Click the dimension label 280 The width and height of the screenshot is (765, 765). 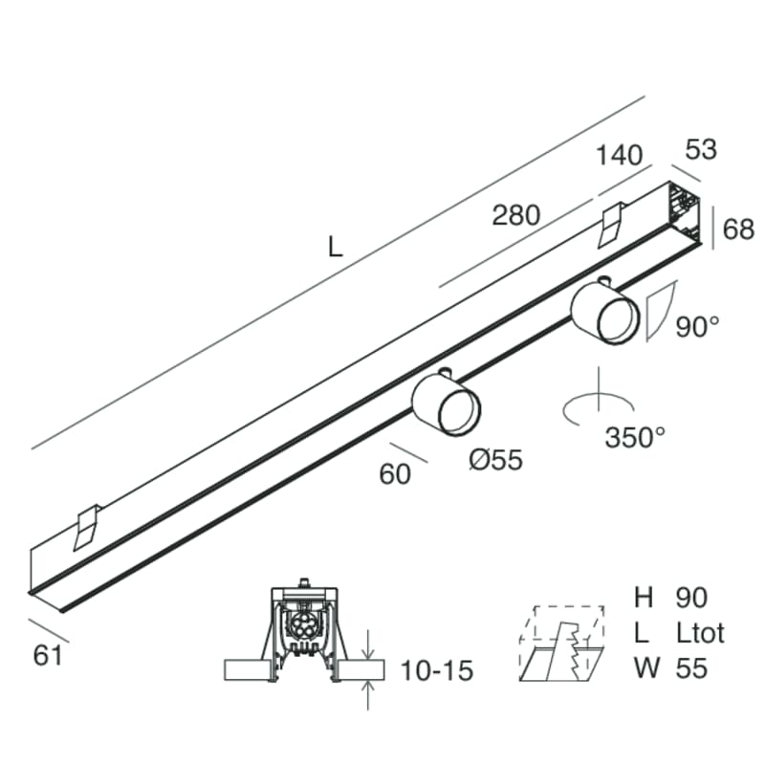coord(516,215)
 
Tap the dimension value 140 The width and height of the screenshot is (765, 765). coord(620,156)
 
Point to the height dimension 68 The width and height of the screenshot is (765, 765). coord(738,229)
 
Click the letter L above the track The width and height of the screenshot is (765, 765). coord(335,248)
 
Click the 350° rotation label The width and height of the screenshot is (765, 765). coord(635,437)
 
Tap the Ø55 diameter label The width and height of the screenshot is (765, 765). coord(496,460)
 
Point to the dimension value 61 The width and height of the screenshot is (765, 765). coord(48,656)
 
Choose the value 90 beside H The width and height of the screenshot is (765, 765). coord(690,598)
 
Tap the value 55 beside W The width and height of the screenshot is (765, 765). coord(690,667)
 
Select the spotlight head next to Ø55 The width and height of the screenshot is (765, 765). coord(447,404)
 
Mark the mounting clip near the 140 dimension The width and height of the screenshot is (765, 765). coord(611,224)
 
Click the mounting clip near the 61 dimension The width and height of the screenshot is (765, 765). coord(86,526)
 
